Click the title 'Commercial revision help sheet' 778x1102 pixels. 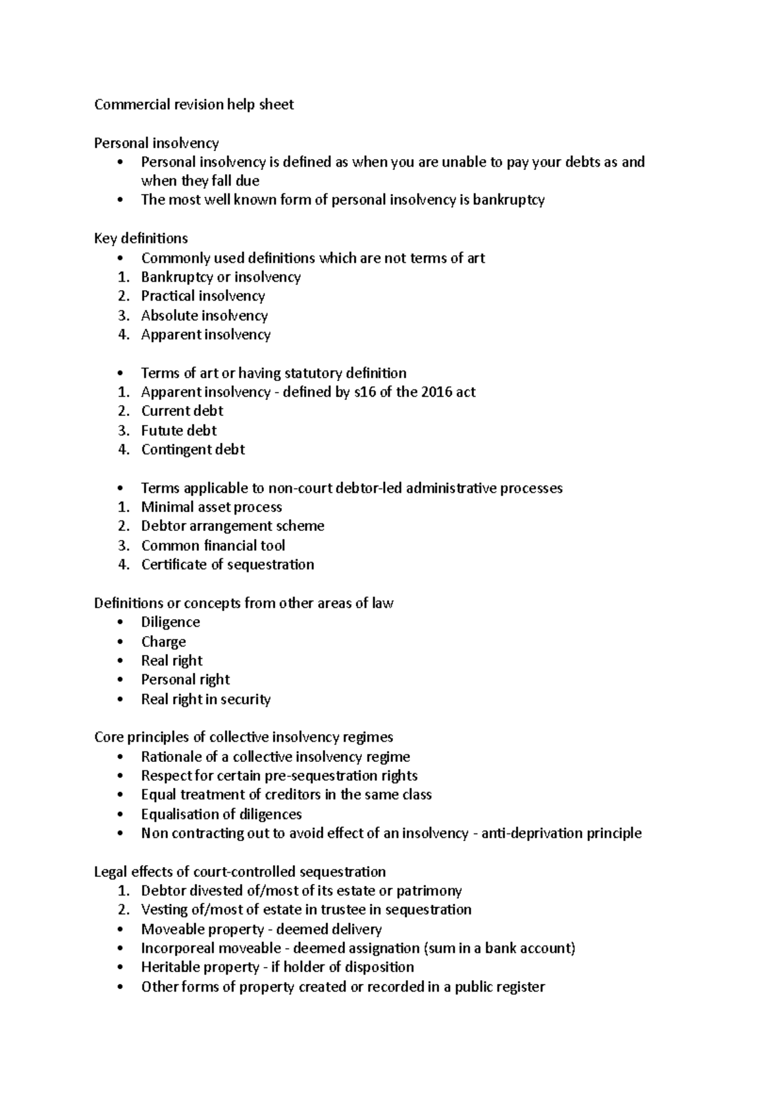tap(194, 104)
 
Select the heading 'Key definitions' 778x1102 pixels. tap(141, 238)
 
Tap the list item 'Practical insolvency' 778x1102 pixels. tap(203, 296)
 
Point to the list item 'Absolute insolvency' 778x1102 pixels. tap(204, 315)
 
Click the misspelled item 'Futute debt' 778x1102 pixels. tap(179, 430)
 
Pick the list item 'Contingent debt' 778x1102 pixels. tap(193, 449)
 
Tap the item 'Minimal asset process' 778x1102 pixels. tap(211, 507)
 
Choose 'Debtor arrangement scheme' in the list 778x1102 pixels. tap(233, 526)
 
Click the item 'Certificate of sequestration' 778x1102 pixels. tap(228, 565)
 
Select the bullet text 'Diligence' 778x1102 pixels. tap(171, 622)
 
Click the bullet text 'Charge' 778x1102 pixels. tap(163, 642)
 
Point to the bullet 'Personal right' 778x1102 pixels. tap(185, 680)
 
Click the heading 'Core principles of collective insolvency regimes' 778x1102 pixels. tap(243, 737)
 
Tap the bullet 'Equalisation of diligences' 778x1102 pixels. tap(221, 814)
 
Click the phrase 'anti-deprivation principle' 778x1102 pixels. tap(561, 833)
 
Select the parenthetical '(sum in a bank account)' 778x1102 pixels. tap(499, 948)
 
